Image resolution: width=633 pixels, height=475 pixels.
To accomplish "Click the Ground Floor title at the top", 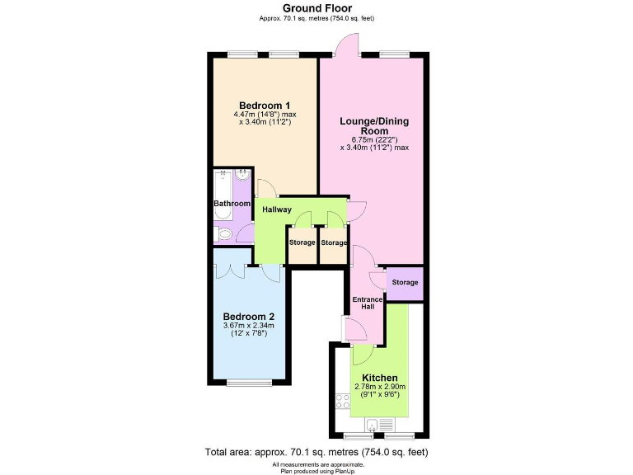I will pos(316,8).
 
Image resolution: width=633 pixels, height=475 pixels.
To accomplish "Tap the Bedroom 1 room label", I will pos(264,105).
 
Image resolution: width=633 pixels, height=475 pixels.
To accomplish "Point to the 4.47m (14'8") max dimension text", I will pos(264,114).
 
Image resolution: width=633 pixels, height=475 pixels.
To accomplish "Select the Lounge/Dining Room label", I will pos(374,126).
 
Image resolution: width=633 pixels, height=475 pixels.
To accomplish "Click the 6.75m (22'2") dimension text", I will pos(374,140).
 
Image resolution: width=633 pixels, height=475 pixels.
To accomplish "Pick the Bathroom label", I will pos(232,204).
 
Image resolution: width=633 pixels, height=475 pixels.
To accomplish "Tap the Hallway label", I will pos(277,209).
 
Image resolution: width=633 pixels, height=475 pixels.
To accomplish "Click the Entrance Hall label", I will pos(368,303).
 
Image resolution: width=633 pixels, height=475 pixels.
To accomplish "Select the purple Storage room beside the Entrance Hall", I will pos(405,283).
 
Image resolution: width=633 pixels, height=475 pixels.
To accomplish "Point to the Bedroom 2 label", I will pos(249,316).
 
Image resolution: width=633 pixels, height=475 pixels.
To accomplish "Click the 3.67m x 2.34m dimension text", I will pos(249,326).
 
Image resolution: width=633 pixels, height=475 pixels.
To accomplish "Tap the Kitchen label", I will pos(380,378).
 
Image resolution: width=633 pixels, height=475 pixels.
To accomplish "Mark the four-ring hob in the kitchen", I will pos(343,402).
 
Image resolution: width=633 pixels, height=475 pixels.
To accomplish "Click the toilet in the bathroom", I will pos(223,236).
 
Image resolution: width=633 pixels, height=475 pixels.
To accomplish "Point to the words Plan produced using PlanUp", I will pos(316,470).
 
